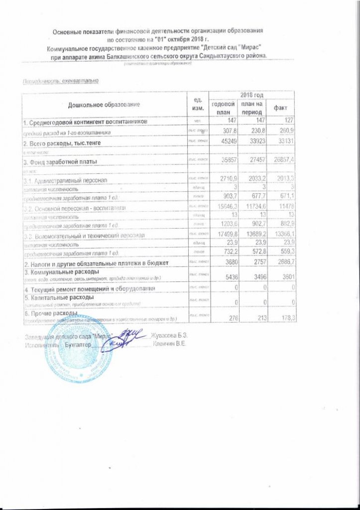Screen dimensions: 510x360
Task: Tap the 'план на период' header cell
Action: tap(251, 108)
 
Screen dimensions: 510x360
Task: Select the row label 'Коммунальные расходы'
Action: tap(62, 271)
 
